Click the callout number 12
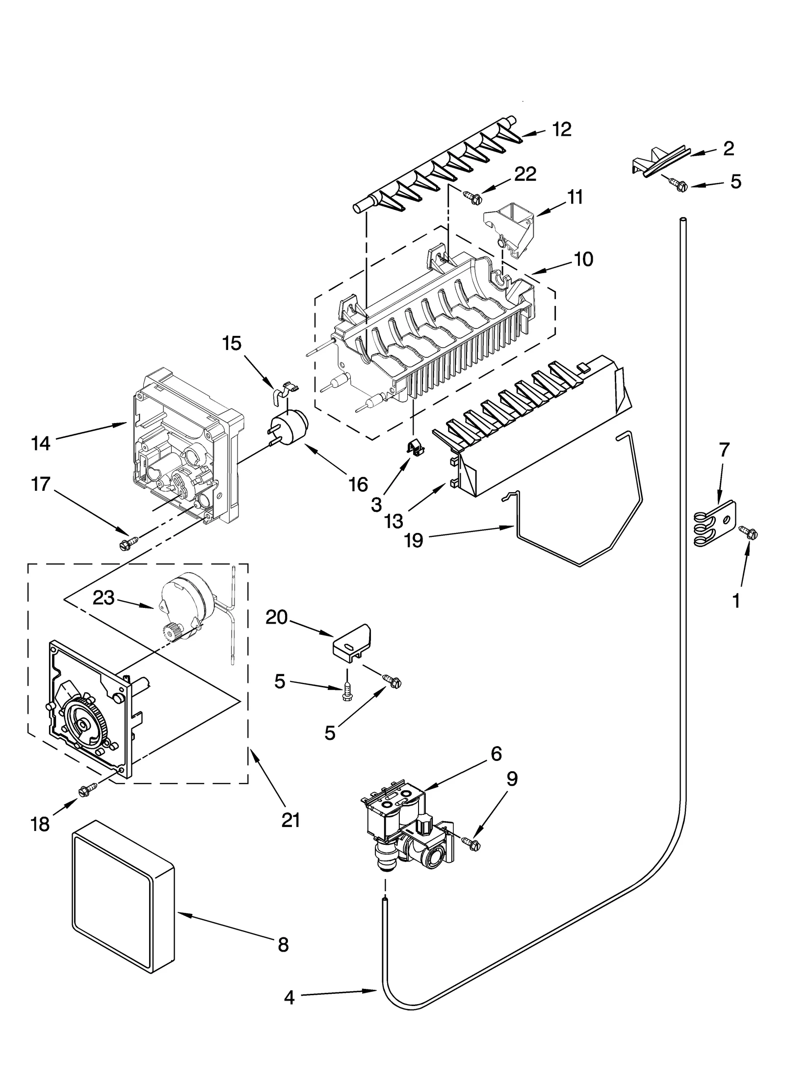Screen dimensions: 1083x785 pyautogui.click(x=562, y=129)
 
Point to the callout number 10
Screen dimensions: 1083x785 pyautogui.click(x=583, y=259)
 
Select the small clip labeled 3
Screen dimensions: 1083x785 pyautogui.click(x=415, y=446)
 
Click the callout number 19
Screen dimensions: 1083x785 pyautogui.click(x=414, y=541)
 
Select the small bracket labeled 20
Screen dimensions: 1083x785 pyautogui.click(x=352, y=643)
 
